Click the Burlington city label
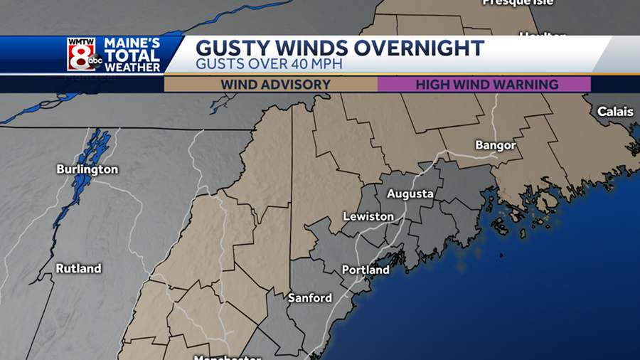click(87, 169)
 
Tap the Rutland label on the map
click(79, 268)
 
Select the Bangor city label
click(495, 145)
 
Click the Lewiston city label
click(368, 216)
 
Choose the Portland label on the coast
click(366, 270)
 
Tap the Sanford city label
click(309, 297)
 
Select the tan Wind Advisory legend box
click(271, 84)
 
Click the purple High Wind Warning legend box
click(484, 84)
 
